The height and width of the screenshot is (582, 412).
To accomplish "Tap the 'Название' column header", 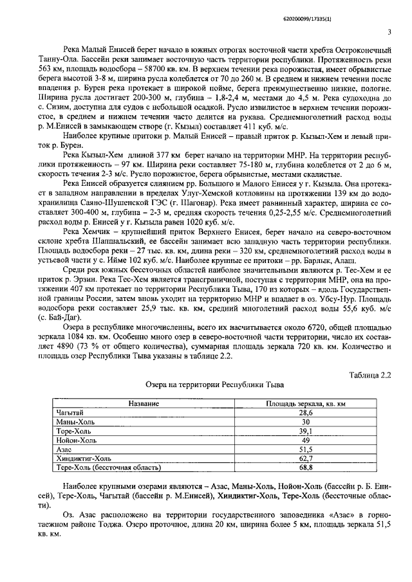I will [x=144, y=403].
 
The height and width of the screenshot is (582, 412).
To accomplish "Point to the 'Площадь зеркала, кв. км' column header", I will [x=306, y=403].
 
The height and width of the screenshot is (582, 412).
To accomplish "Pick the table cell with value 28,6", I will [x=306, y=412].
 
